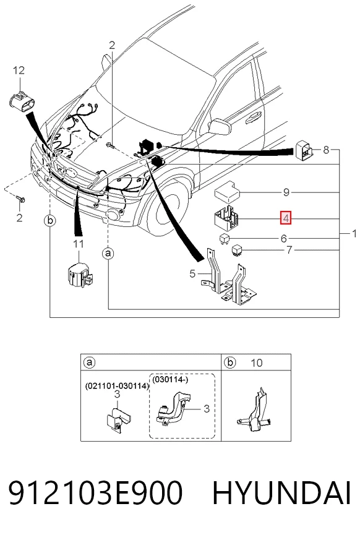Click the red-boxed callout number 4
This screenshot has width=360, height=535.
click(286, 218)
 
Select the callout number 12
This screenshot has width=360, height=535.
click(19, 71)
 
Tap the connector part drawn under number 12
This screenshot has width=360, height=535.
click(21, 102)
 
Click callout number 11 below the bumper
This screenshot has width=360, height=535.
click(78, 244)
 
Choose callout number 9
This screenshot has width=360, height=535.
click(286, 192)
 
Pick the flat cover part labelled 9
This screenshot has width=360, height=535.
click(227, 190)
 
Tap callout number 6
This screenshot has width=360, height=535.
click(283, 239)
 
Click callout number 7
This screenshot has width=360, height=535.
click(289, 250)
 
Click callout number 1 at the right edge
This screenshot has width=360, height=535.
click(354, 233)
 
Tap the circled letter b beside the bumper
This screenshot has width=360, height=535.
click(50, 221)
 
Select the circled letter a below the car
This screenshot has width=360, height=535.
click(108, 254)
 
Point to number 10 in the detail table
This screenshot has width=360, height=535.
click(256, 362)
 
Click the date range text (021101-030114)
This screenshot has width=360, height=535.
click(117, 386)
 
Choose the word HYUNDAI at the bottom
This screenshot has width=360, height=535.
click(281, 492)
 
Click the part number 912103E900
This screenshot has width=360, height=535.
click(95, 492)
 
